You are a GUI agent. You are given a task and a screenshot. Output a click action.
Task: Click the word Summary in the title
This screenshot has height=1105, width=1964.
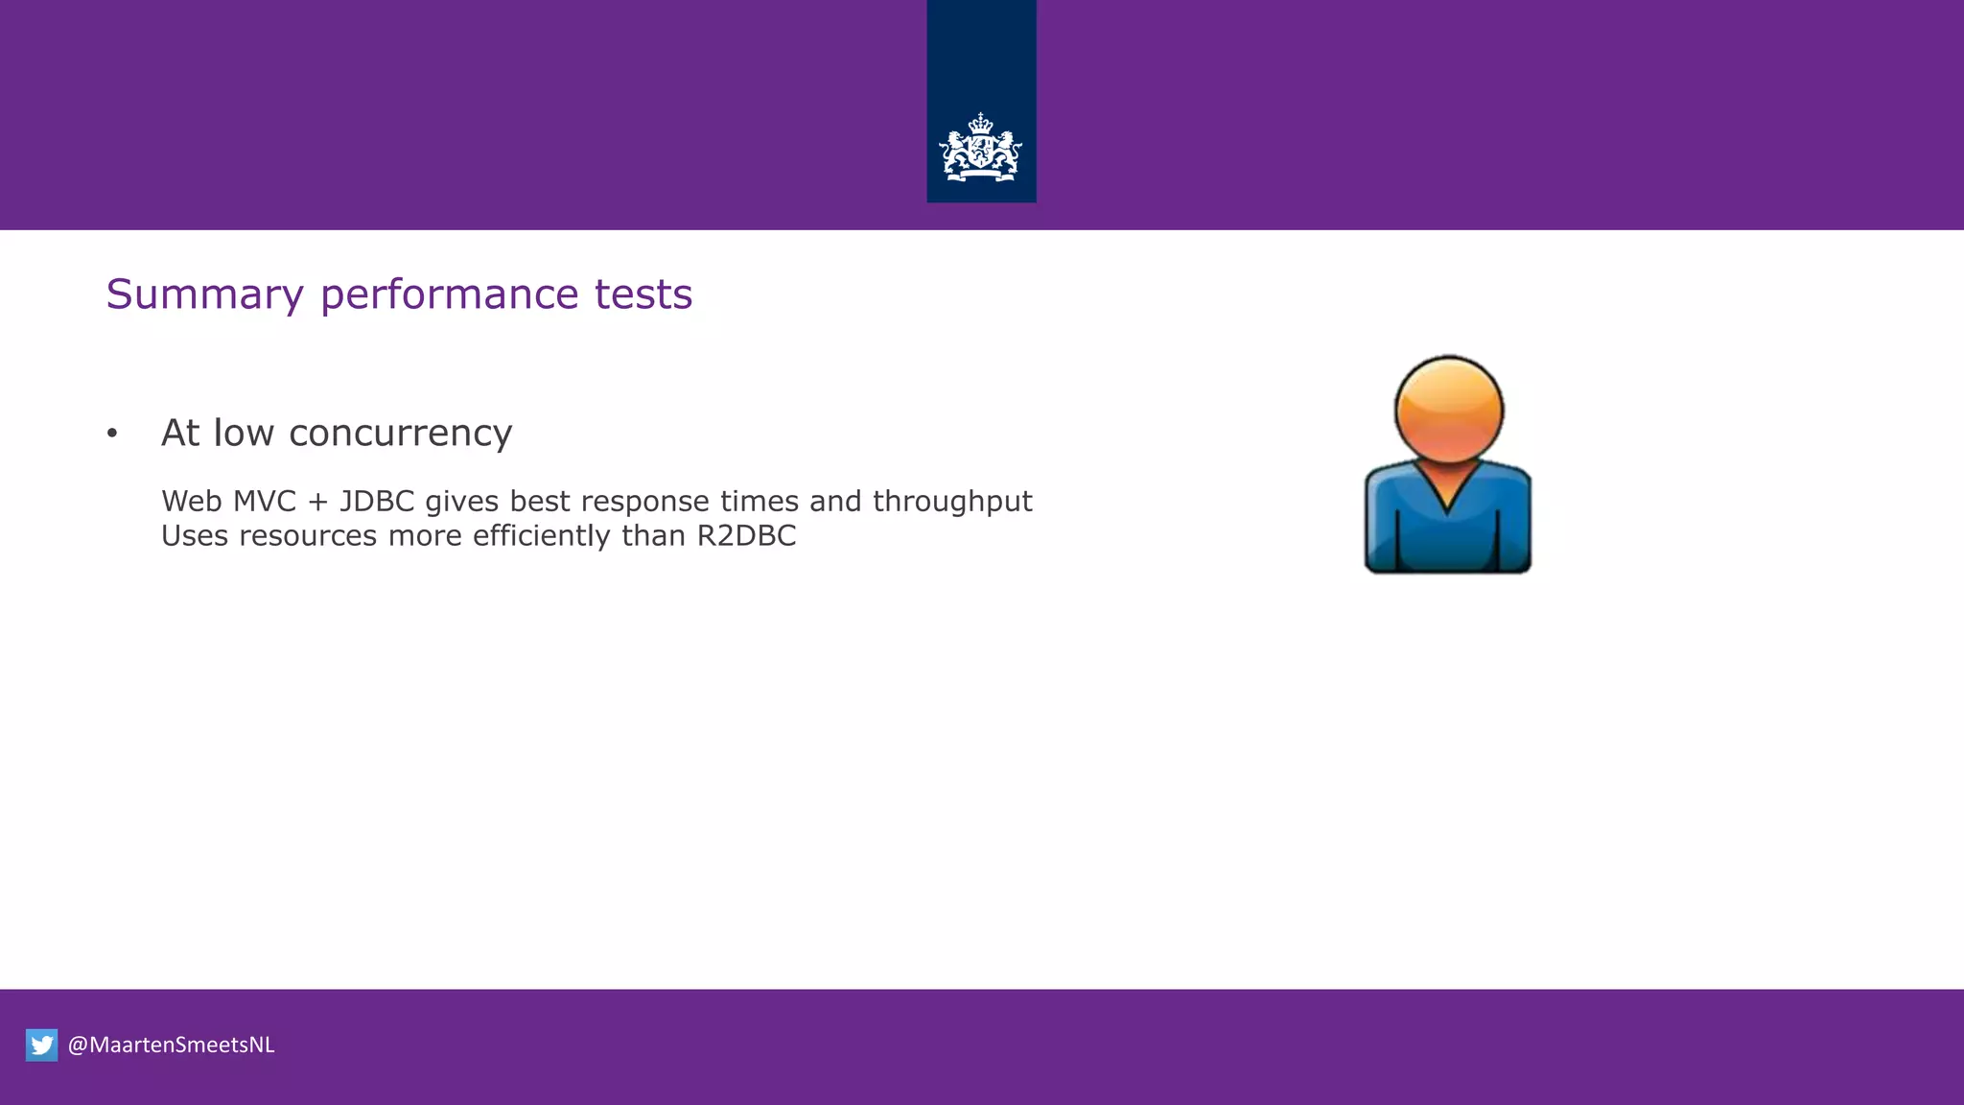click(204, 294)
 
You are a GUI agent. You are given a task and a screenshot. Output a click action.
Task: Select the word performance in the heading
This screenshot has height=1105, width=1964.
click(449, 294)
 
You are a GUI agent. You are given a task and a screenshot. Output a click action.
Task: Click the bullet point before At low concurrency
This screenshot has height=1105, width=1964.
click(112, 435)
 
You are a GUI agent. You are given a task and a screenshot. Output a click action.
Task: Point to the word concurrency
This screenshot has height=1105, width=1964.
click(400, 434)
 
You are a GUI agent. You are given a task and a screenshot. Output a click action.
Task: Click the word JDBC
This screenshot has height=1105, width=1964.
click(377, 502)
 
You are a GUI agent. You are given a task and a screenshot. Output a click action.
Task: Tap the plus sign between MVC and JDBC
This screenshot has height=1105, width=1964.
click(317, 503)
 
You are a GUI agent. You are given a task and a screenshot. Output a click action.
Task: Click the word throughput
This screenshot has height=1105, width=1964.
click(951, 503)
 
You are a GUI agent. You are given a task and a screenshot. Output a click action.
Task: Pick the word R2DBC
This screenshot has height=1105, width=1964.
click(746, 535)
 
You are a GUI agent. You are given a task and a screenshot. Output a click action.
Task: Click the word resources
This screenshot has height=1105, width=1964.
click(308, 536)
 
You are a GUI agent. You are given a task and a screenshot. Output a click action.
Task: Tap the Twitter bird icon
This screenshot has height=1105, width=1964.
click(42, 1045)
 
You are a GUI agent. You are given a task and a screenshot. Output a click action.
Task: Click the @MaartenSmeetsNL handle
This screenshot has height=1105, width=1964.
click(172, 1045)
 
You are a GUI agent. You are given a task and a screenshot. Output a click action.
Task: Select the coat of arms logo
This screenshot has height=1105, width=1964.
click(980, 150)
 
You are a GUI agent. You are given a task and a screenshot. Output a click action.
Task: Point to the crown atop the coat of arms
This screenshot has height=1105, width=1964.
click(980, 123)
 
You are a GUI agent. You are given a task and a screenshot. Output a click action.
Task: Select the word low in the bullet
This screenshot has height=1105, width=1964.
click(244, 434)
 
